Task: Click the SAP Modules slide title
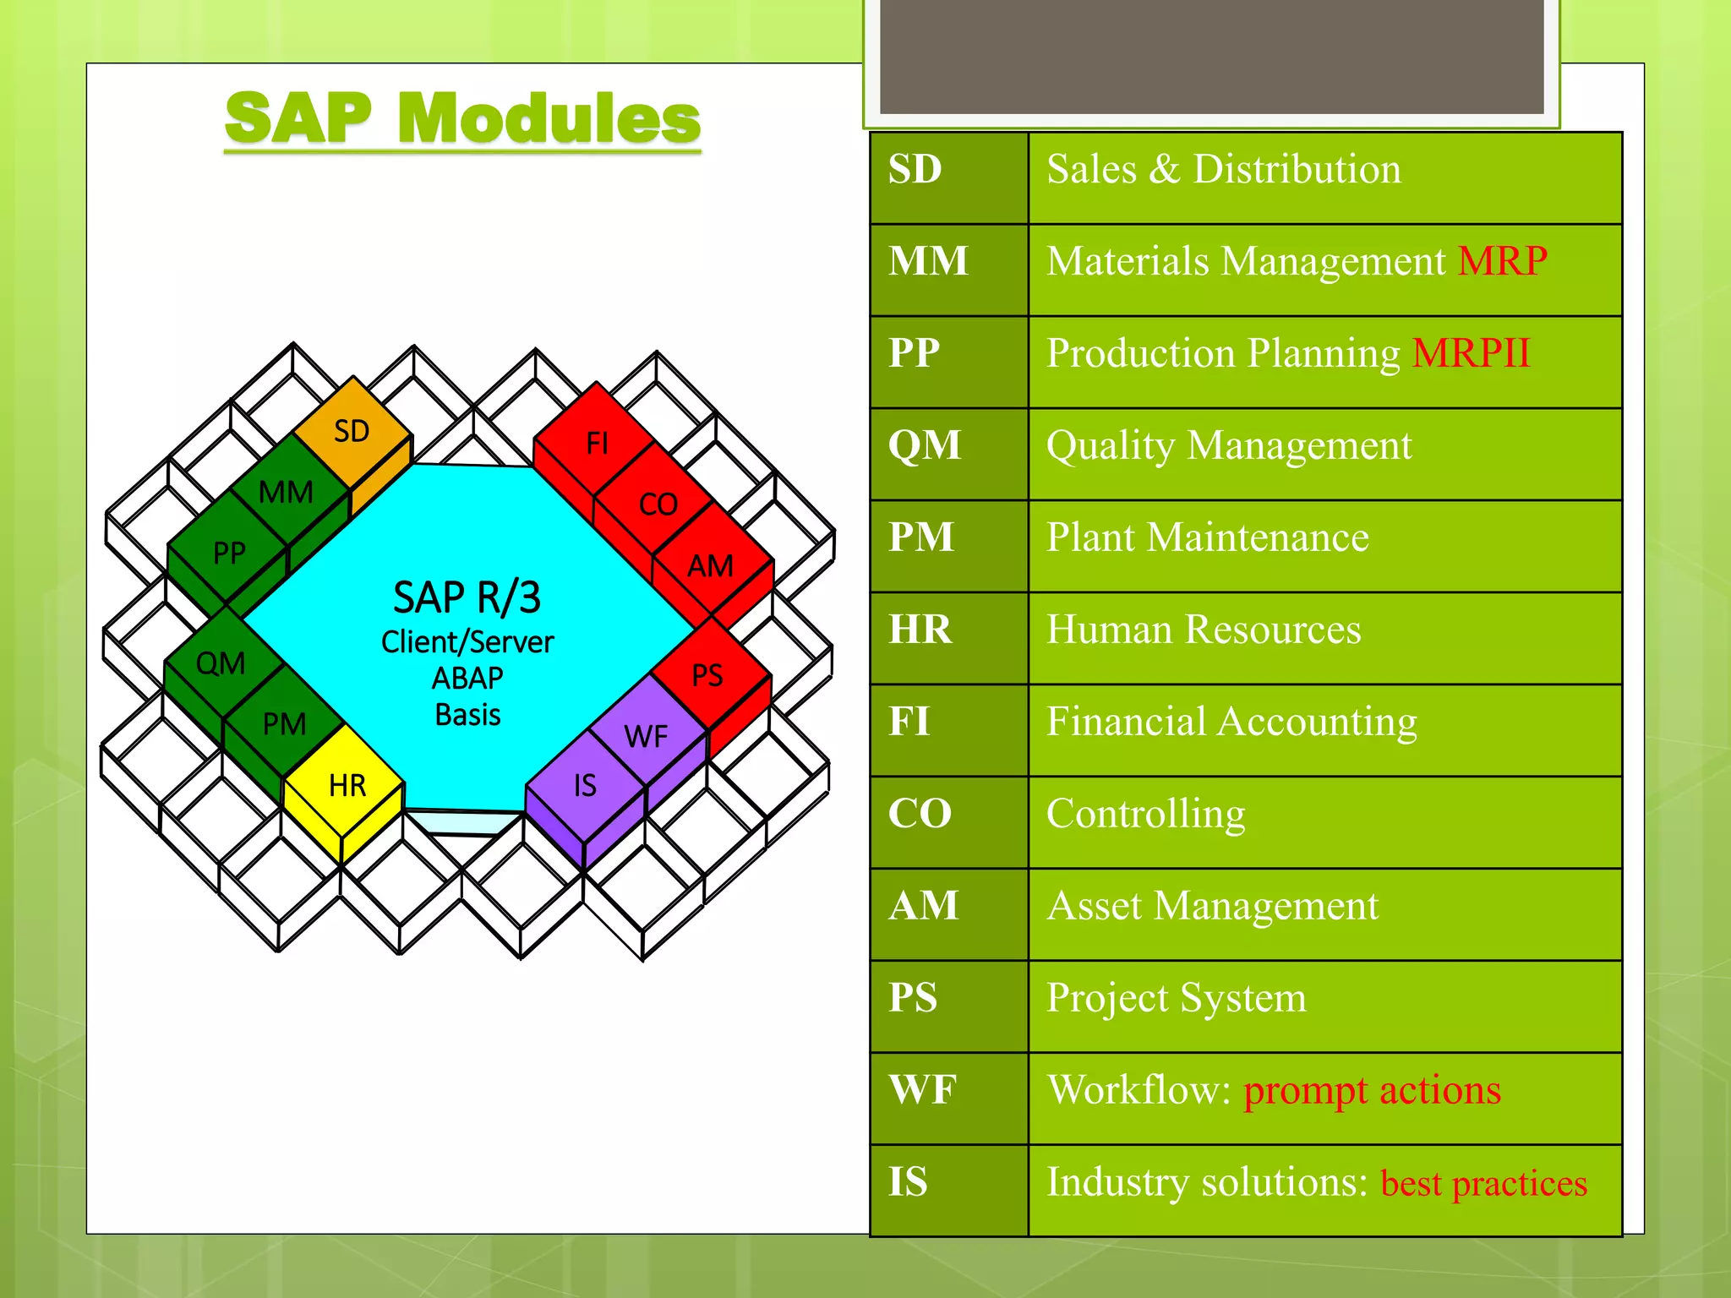pos(462,118)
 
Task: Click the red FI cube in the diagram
pos(597,443)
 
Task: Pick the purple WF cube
pos(647,736)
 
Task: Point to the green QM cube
pos(221,663)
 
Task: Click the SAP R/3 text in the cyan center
pos(467,597)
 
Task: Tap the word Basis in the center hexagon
pos(467,715)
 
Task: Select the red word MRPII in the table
pos(1471,353)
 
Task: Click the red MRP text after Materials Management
pos(1502,261)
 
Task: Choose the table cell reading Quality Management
pos(1229,445)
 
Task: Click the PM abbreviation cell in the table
pos(921,537)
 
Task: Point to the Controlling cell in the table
pos(1145,814)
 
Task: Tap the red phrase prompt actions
pos(1372,1090)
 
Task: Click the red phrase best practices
pos(1483,1183)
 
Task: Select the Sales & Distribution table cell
pos(1223,169)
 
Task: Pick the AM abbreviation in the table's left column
pos(924,906)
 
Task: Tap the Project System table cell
pos(1176,998)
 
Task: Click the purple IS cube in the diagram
pos(585,785)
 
